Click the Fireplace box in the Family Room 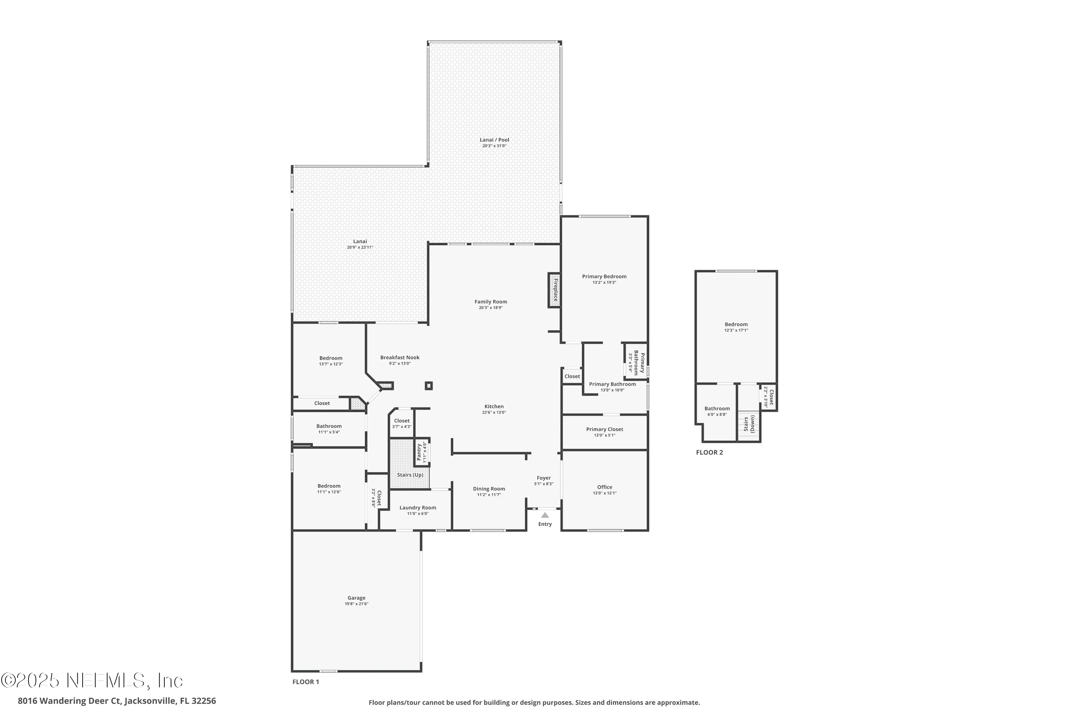(x=554, y=290)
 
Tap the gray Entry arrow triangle (x=544, y=515)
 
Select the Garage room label (x=356, y=598)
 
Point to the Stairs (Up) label (x=410, y=475)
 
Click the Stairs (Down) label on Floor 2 (x=749, y=424)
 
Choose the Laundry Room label (x=418, y=507)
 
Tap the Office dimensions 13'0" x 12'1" (x=604, y=493)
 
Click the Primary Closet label (x=604, y=429)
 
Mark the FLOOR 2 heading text (x=709, y=452)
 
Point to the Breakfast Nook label (x=400, y=358)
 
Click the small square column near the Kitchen (x=429, y=386)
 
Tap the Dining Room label (x=489, y=489)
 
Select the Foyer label (x=544, y=478)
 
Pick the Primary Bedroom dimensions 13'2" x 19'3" (x=604, y=282)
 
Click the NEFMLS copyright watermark (x=92, y=681)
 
